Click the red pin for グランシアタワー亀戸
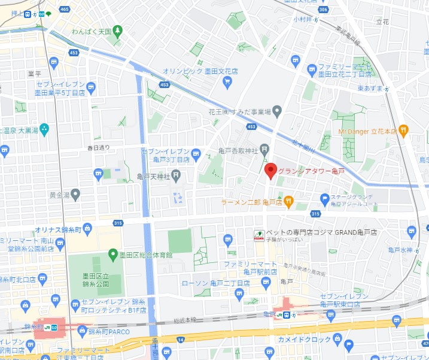click(x=270, y=171)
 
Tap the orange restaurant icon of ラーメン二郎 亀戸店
click(x=288, y=201)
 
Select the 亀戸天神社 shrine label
click(x=154, y=176)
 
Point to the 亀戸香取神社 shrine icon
click(x=264, y=150)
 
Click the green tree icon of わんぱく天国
click(x=118, y=30)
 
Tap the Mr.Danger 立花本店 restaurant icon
click(x=403, y=129)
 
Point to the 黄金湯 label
click(x=60, y=195)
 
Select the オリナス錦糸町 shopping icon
click(x=87, y=228)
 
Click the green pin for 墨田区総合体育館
click(x=112, y=255)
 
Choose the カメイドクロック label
click(x=304, y=340)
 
